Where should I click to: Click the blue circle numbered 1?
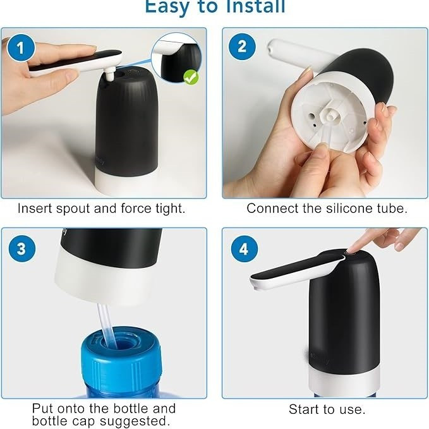point(21,48)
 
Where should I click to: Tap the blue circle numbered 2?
point(242,47)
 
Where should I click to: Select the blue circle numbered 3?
point(21,249)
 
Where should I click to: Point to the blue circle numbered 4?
point(245,249)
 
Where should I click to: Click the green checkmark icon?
point(191,77)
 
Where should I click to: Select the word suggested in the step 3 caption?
point(133,421)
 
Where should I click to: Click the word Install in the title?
point(254,6)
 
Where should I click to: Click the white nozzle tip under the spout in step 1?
point(110,75)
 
